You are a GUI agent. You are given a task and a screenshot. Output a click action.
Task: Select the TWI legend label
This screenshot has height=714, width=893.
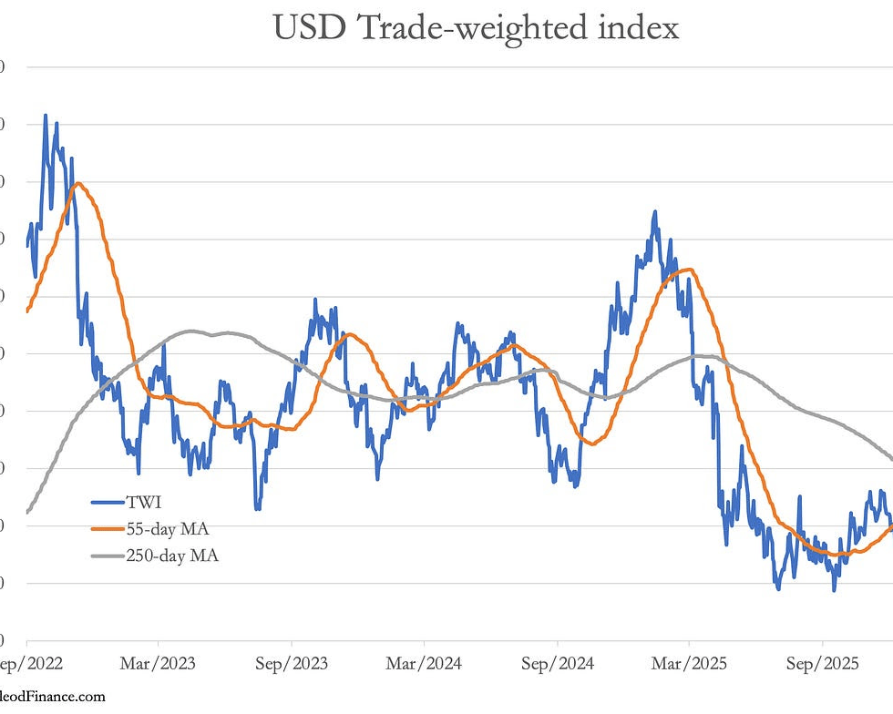[x=147, y=501]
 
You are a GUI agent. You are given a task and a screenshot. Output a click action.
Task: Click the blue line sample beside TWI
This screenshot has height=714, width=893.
[x=108, y=502]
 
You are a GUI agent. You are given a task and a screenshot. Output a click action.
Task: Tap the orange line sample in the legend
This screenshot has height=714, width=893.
[x=108, y=529]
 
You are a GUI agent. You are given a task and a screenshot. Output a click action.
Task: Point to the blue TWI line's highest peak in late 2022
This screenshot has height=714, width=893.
[x=45, y=116]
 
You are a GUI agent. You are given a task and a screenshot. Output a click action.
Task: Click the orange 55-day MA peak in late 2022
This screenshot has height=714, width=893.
[x=77, y=183]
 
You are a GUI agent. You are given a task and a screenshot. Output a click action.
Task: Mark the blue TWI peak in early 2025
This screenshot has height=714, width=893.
[x=654, y=211]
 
